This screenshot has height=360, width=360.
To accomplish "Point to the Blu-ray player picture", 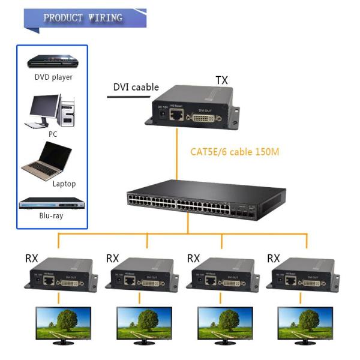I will coord(50,203).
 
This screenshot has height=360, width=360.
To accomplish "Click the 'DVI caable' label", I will coord(136,88).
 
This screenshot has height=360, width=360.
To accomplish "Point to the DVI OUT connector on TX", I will coord(205,118).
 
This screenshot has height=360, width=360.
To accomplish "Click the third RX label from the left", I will coord(193,259).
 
